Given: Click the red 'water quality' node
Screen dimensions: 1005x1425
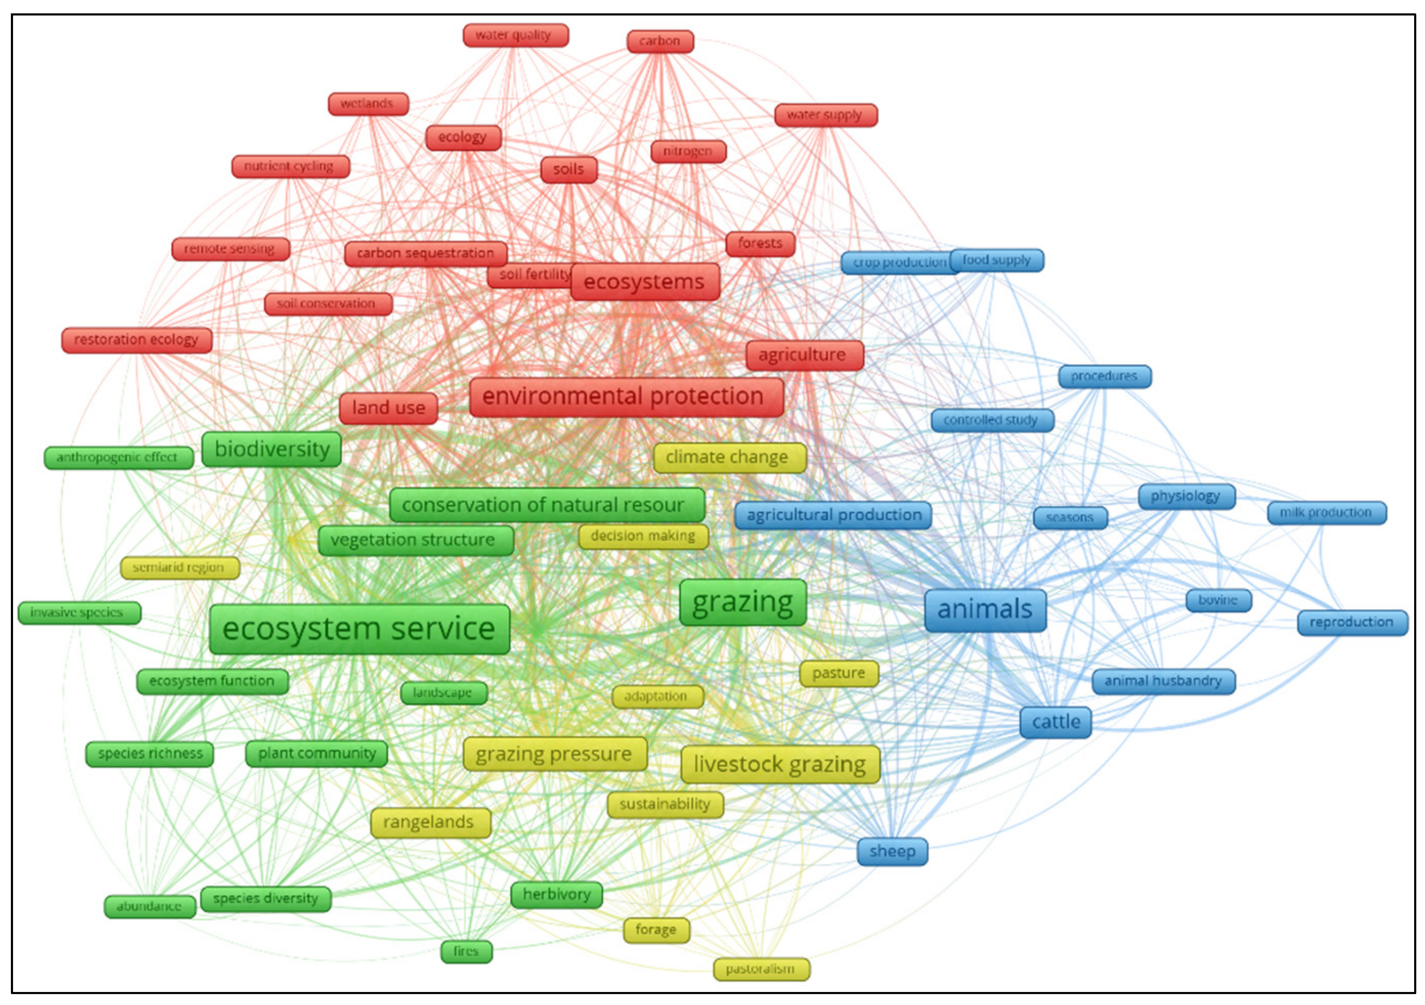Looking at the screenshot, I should pyautogui.click(x=515, y=35).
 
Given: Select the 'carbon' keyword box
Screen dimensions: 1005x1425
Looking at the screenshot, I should pyautogui.click(x=660, y=41).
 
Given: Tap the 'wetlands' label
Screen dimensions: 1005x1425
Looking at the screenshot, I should pyautogui.click(x=368, y=104).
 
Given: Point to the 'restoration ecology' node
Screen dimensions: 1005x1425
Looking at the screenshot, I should pyautogui.click(x=137, y=340).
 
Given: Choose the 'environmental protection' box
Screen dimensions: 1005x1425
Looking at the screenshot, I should pyautogui.click(x=626, y=396).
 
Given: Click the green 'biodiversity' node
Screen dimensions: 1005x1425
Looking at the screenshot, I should pyautogui.click(x=272, y=449).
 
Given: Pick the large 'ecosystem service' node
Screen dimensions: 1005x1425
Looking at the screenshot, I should pyautogui.click(x=359, y=629).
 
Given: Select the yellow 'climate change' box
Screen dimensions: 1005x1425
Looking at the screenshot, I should pyautogui.click(x=729, y=458).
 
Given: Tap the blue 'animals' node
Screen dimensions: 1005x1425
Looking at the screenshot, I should pyautogui.click(x=985, y=610).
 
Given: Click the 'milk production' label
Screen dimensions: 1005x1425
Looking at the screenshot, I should pyautogui.click(x=1327, y=513).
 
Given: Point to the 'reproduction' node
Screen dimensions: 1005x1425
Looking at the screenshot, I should pyautogui.click(x=1352, y=622).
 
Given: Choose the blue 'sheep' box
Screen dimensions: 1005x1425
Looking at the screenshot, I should pyautogui.click(x=892, y=852).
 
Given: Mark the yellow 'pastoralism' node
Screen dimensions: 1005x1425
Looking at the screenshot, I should pyautogui.click(x=761, y=969).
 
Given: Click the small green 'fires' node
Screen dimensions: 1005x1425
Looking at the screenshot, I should pyautogui.click(x=466, y=952).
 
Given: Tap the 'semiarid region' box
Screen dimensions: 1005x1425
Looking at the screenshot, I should pyautogui.click(x=180, y=568).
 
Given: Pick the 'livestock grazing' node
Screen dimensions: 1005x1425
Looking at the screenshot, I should pyautogui.click(x=780, y=764).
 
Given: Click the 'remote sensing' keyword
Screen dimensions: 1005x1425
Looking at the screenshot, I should pyautogui.click(x=230, y=249).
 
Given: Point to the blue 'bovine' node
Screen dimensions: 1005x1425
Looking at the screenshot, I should pyautogui.click(x=1218, y=600).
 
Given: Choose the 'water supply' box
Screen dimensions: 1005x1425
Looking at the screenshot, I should pyautogui.click(x=825, y=115).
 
